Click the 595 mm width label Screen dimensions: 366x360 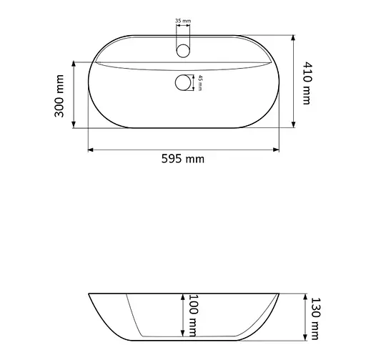coord(183,159)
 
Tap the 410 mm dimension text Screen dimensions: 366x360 coord(307,83)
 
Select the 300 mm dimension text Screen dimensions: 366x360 coord(59,96)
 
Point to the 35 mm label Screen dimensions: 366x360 coord(183,21)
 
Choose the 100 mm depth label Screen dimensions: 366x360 coord(194,316)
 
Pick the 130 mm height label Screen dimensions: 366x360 coord(315,318)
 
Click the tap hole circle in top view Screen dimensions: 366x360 coord(183,51)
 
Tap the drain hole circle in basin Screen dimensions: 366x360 coord(183,83)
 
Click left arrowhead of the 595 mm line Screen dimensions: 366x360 coord(91,150)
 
